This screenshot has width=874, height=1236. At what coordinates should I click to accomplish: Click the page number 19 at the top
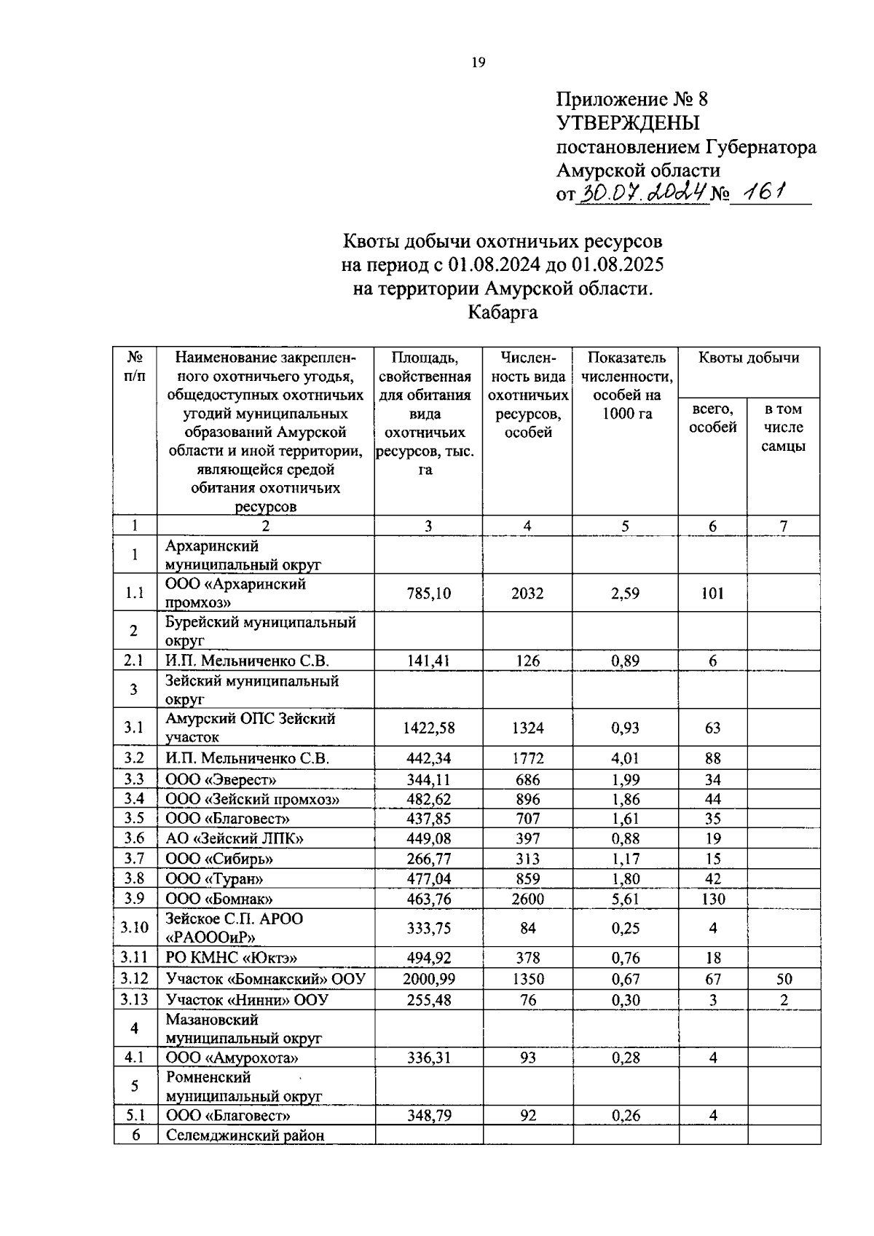click(479, 62)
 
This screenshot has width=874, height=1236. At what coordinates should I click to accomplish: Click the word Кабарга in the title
click(503, 313)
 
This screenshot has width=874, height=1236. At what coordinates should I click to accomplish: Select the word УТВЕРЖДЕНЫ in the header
click(627, 123)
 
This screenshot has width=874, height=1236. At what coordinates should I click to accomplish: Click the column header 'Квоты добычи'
click(749, 358)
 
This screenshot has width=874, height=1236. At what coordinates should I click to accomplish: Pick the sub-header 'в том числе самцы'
click(783, 428)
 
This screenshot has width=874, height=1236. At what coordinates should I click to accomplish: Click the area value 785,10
click(428, 594)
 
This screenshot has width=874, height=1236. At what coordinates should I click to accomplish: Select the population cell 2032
click(527, 594)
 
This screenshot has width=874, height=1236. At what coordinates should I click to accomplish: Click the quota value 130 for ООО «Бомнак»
click(712, 899)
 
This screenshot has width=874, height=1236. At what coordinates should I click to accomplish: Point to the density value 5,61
click(625, 899)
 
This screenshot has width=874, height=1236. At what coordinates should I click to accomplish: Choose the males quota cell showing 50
click(784, 980)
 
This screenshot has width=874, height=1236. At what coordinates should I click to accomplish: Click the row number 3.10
click(135, 927)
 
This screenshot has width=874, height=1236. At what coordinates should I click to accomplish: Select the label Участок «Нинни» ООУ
click(247, 1000)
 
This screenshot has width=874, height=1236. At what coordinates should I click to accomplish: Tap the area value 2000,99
click(428, 980)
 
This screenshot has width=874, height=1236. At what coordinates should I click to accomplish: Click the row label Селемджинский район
click(245, 1135)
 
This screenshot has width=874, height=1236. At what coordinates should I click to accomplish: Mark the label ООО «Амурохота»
click(232, 1058)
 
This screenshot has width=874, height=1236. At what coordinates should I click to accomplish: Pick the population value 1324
click(527, 728)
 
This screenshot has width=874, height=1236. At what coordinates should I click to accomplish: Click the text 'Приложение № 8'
click(632, 99)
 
